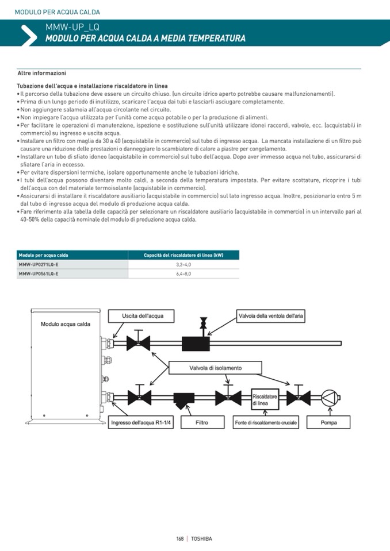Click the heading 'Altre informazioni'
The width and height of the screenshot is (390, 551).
(x=41, y=74)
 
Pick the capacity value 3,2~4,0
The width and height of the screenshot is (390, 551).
(x=183, y=264)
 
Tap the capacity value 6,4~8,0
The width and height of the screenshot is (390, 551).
(x=183, y=274)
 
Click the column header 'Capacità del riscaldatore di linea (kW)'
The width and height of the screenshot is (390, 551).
(x=183, y=255)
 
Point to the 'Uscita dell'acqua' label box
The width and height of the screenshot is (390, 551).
(x=143, y=316)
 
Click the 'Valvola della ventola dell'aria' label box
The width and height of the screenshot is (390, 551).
(x=271, y=316)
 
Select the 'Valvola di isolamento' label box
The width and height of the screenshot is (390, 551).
(x=216, y=368)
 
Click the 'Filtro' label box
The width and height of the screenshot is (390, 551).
(x=202, y=423)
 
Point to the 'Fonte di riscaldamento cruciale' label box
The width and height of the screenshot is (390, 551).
(x=266, y=423)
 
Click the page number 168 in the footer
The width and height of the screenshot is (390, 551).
(x=179, y=538)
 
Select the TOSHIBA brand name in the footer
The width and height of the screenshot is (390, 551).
(x=201, y=538)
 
